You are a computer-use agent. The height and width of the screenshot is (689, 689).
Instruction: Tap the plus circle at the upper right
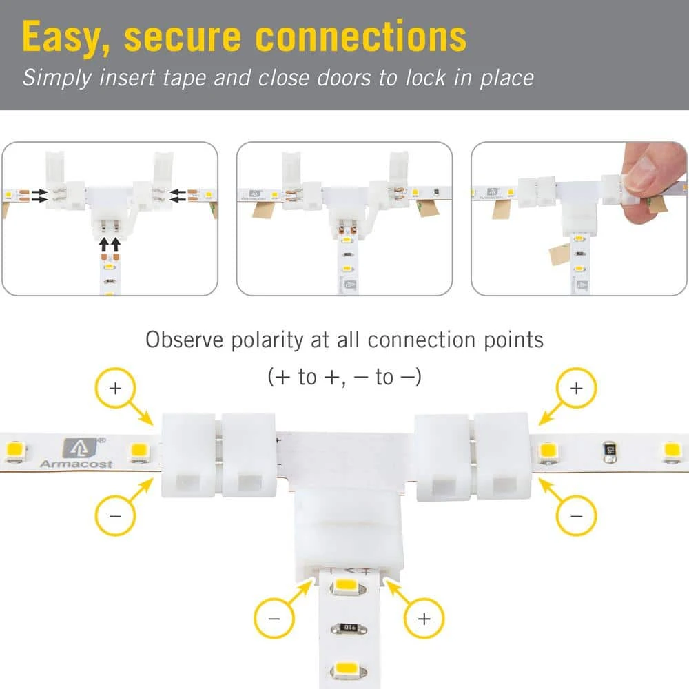point(576,389)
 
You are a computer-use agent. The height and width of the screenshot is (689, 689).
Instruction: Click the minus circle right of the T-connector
point(576,515)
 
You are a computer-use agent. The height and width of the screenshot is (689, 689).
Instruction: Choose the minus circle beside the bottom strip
point(274,618)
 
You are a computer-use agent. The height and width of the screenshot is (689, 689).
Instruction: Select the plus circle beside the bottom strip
point(424,618)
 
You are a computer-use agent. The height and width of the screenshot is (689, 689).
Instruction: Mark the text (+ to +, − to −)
point(344,377)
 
